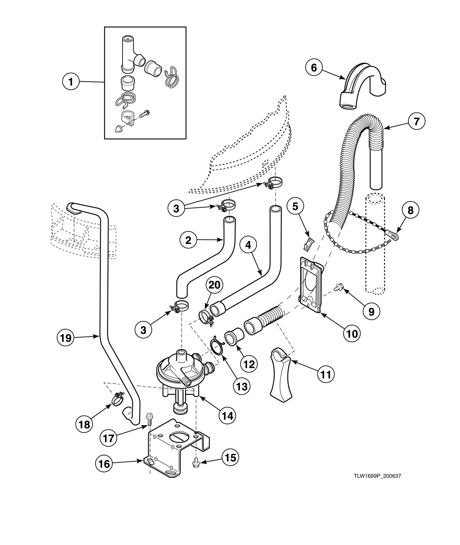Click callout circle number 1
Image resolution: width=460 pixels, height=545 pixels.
[x=71, y=82]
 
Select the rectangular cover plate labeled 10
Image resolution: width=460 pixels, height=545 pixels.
[x=310, y=283]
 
